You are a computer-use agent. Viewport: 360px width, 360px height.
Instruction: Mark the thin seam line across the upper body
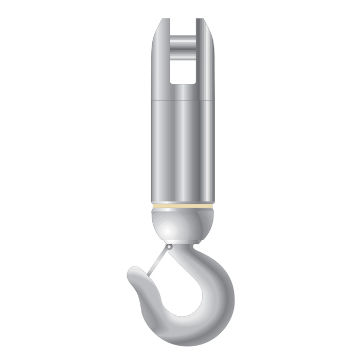point(183,99)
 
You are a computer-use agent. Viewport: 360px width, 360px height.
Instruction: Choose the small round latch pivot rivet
point(169,247)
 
